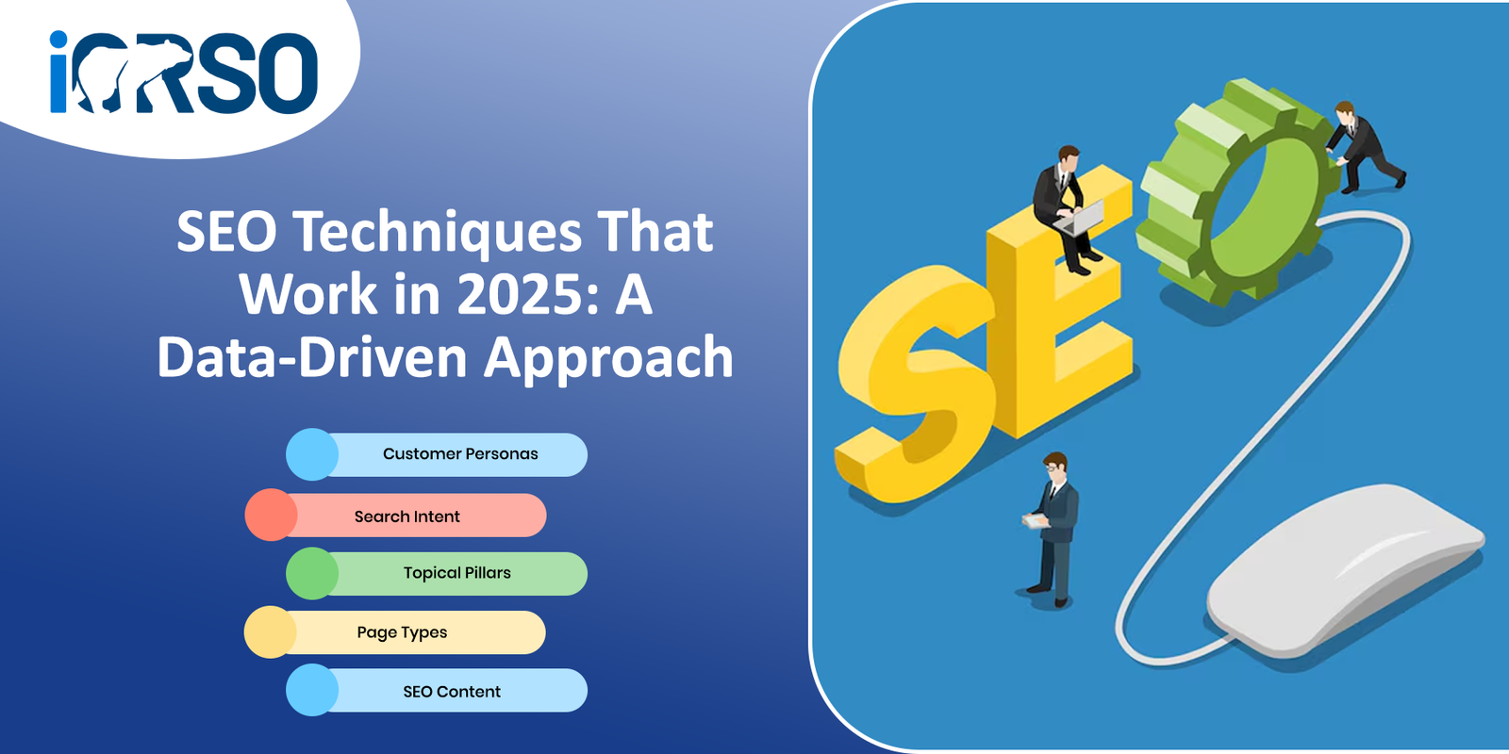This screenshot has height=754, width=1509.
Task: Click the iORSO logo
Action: pos(183,72)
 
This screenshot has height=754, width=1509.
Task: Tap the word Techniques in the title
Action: pos(438,233)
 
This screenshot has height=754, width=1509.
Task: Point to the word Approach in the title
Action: pos(608,359)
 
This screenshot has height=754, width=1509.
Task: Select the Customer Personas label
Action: pos(460,453)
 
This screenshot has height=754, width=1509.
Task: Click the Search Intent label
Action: pos(406,516)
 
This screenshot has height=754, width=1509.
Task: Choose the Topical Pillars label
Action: pos(456,573)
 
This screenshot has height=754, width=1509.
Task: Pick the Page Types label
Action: pos(402,632)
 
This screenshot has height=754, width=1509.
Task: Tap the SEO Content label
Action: pos(452,692)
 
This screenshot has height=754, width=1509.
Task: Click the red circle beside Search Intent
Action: pos(271,515)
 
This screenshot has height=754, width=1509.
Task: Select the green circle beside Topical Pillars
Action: pos(312,574)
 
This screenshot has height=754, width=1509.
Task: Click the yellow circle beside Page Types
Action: pos(270,632)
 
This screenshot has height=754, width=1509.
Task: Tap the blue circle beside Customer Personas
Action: pos(312,454)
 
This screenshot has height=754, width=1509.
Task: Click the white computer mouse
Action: pos(1344,569)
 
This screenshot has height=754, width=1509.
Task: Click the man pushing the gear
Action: pos(1363,147)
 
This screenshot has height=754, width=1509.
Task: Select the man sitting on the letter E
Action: pos(1067,208)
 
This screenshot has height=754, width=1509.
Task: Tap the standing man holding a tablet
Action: pos(1051,530)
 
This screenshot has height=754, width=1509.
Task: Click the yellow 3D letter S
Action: pos(915,384)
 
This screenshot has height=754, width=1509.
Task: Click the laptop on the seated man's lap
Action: pos(1081,219)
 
